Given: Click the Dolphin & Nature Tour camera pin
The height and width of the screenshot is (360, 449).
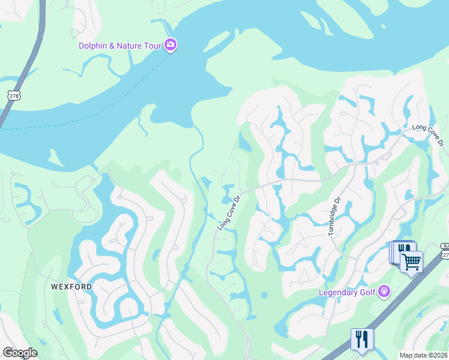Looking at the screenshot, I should [x=170, y=46].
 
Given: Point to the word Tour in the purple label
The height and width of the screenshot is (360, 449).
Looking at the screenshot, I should [x=153, y=46].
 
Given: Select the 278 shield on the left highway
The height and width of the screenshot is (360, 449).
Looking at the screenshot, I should [x=13, y=95].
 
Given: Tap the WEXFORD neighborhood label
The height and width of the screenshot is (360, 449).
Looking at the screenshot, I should [x=71, y=287].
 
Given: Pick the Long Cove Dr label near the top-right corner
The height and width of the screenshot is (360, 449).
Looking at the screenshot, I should [x=429, y=135].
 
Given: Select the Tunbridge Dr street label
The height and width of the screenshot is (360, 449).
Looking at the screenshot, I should [x=334, y=216].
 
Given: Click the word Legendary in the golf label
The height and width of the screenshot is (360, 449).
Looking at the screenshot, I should [x=339, y=292].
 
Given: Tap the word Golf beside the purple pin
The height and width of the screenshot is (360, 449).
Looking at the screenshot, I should [x=367, y=292].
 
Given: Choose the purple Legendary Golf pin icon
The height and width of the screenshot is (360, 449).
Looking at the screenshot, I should [x=384, y=292].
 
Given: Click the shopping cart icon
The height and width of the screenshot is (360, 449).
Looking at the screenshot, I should [x=411, y=261].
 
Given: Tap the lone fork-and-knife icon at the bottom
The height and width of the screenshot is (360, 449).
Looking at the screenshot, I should [x=361, y=338].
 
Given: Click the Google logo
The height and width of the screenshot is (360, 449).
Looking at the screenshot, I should [x=20, y=353].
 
